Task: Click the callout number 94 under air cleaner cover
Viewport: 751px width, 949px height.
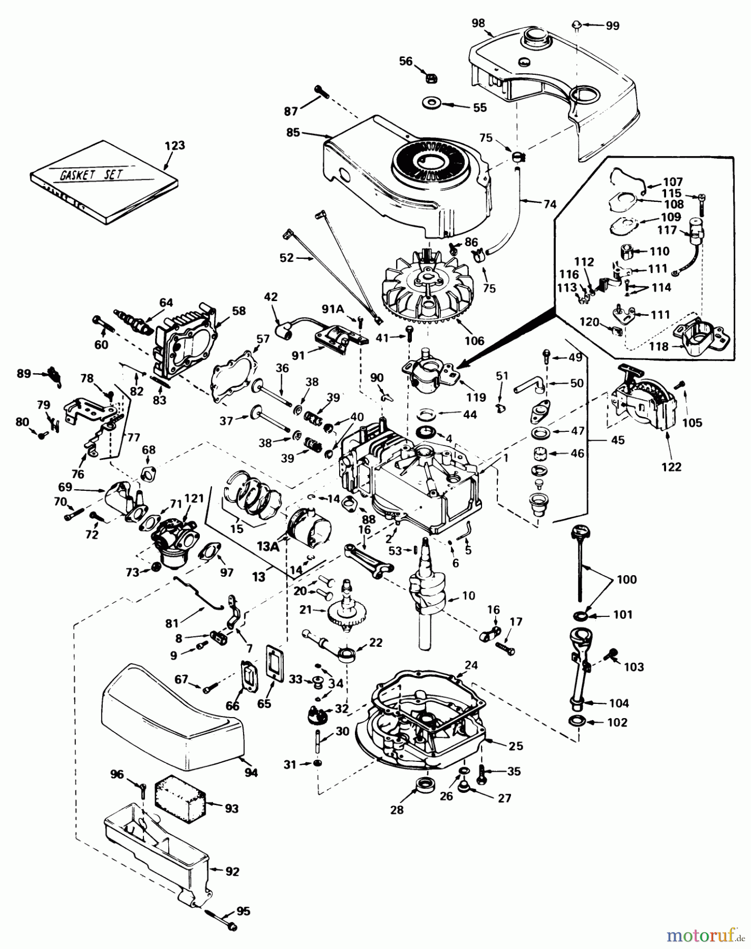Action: (x=251, y=773)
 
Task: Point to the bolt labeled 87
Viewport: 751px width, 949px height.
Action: (x=321, y=93)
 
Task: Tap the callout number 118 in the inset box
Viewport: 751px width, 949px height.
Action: (x=659, y=346)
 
